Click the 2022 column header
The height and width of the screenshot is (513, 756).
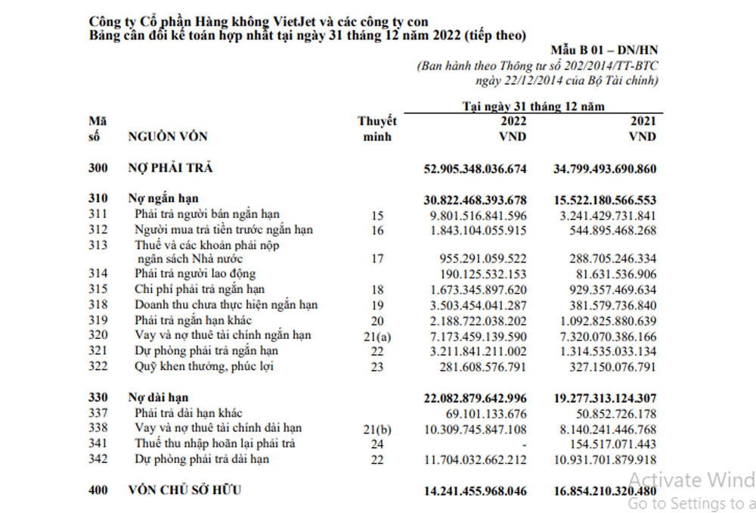(513, 121)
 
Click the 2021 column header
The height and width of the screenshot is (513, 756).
(643, 121)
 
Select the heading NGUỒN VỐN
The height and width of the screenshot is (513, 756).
(168, 137)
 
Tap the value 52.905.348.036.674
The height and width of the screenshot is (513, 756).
(475, 168)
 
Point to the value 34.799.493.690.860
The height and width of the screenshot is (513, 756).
(605, 168)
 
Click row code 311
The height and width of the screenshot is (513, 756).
(98, 215)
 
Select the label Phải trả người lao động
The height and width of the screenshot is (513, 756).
(195, 274)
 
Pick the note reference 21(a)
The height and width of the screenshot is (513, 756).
(377, 336)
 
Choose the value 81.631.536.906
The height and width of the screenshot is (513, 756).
(612, 274)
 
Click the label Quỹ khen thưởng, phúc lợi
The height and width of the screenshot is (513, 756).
(204, 367)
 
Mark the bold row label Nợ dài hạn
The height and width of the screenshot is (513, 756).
(158, 398)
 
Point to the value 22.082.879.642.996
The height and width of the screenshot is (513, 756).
(475, 398)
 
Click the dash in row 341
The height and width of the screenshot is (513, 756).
(522, 444)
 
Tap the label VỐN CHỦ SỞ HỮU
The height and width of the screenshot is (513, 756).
(185, 491)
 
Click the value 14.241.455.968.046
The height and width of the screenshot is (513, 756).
(475, 491)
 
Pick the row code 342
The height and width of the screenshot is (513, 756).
(98, 459)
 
